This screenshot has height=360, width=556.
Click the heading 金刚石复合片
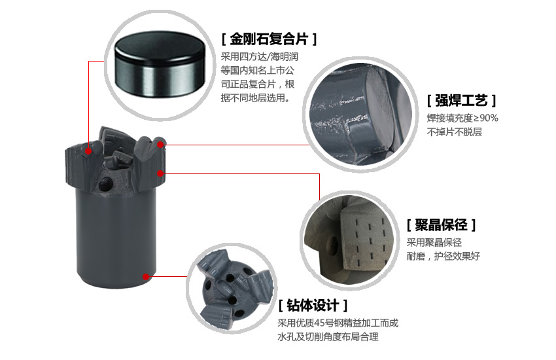click(269, 39)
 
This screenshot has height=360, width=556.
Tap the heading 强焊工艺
click(461, 101)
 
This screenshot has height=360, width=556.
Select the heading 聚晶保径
click(441, 225)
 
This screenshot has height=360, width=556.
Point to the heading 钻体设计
click(313, 305)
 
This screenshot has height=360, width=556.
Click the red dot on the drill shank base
click(146, 276)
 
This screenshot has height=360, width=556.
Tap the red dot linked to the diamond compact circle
click(88, 151)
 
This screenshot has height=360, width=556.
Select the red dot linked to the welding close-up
click(161, 145)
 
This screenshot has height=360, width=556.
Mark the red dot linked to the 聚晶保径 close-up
click(160, 173)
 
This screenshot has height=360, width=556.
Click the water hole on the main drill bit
click(105, 184)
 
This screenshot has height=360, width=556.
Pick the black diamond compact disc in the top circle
click(160, 64)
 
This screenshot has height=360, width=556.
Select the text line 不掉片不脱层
click(454, 132)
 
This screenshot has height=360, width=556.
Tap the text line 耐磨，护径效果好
click(443, 256)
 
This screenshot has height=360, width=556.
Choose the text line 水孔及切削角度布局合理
click(328, 336)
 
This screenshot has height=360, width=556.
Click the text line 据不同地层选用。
click(256, 98)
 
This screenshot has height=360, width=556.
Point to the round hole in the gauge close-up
click(332, 243)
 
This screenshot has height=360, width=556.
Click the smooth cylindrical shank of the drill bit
click(116, 238)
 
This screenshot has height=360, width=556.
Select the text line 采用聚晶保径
click(434, 242)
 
